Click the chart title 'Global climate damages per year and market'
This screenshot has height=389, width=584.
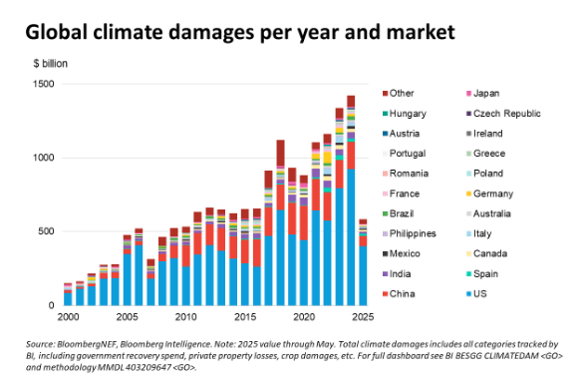pos(240,33)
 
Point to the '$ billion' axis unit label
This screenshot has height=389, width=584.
pos(50,64)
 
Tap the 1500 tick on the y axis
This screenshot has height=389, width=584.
pos(44,84)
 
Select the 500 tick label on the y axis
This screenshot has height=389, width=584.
pos(46,231)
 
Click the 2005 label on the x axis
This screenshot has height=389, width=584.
pos(127,317)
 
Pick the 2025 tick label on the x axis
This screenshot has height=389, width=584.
pos(363,317)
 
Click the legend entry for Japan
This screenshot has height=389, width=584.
pos(482,94)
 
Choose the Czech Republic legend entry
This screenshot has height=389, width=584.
pos(503,114)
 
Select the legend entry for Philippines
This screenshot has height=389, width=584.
pos(409,233)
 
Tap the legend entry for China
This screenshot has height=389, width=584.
pos(399,294)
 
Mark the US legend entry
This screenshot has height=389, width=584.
pos(476,294)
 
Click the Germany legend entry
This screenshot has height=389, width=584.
pos(489,194)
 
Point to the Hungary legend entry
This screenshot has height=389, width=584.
pos(404,114)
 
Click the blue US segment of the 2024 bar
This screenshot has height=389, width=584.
pos(351,237)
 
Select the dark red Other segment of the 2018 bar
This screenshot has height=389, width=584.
pos(280,153)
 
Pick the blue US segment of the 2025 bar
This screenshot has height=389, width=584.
pos(363,275)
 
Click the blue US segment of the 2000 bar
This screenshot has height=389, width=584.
pos(68,299)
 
